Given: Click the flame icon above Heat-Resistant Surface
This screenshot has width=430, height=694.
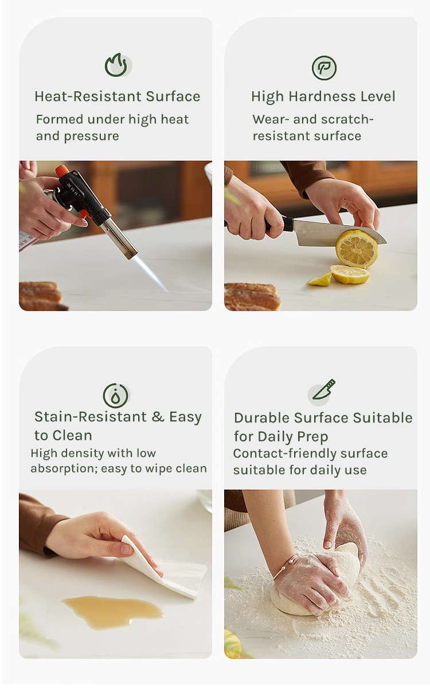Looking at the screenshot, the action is point(116,65).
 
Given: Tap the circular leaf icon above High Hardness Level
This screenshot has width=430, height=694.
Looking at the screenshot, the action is point(324,68).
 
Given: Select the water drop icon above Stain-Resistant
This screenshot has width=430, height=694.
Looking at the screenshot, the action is point(116,396).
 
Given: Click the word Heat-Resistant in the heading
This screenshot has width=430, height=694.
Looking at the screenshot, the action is point(88,96).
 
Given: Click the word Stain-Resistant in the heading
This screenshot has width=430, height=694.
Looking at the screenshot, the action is point(91,417).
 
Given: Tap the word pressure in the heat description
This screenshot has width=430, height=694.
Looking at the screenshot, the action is point(91,137).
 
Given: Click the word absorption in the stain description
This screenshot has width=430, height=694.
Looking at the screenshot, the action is point(63,469).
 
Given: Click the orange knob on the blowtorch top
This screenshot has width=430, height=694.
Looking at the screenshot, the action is point(61,170).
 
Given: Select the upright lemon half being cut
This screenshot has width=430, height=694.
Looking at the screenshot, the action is point(357,249).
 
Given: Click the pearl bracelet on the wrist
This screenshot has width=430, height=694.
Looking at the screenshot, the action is point(286,566).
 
